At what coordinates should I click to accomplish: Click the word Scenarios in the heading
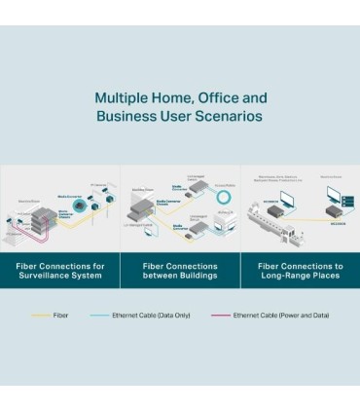point(228,116)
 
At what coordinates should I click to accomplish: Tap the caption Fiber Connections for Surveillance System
point(59,271)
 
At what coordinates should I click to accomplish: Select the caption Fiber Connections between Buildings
point(180,271)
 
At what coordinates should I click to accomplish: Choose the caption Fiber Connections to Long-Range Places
point(300,271)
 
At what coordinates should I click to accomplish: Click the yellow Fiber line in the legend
point(40,316)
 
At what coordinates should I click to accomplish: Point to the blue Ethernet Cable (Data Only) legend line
point(100,316)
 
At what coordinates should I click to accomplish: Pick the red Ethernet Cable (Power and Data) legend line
point(220,316)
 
